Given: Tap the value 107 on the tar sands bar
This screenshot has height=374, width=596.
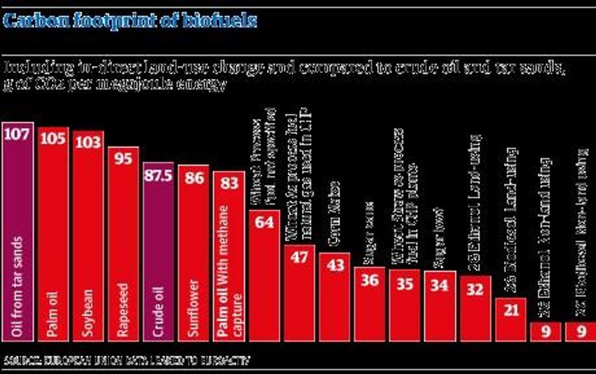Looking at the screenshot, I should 18,135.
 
